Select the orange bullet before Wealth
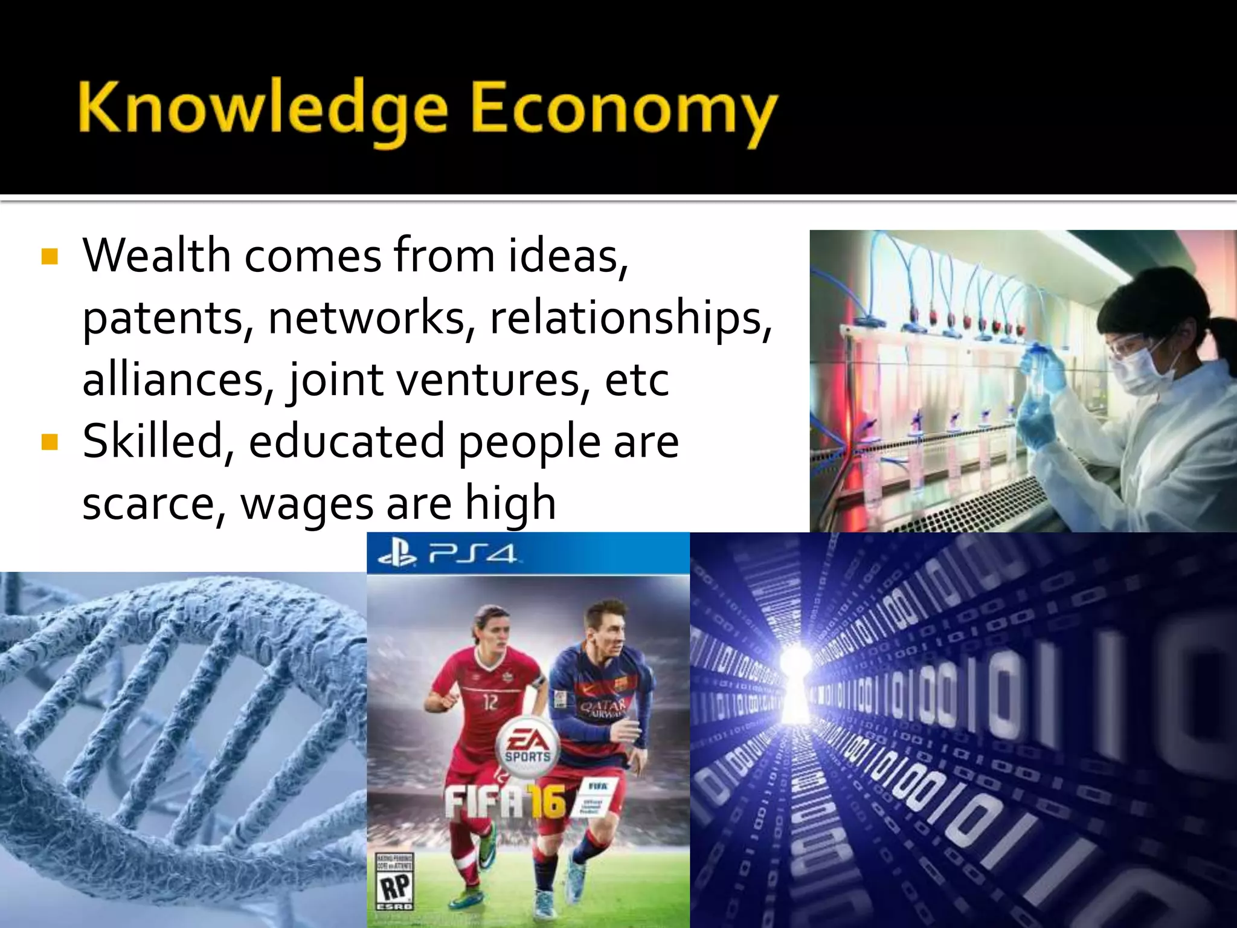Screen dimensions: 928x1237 50,257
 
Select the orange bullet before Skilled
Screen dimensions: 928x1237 50,442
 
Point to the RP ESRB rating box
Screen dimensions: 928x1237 394,882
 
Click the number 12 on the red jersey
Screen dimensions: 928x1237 490,702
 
